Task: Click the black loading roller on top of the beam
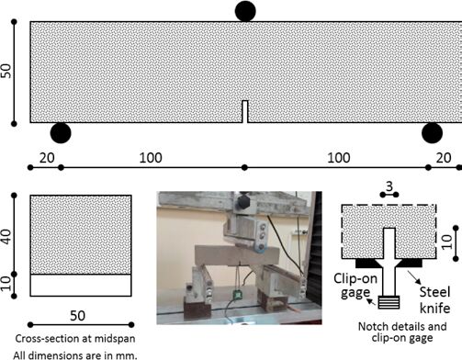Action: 245,11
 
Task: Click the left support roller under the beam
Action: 61,133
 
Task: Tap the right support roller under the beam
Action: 432,133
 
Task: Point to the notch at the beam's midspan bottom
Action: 245,112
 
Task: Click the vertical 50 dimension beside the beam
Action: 6,71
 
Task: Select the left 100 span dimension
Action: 151,158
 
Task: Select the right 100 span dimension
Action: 339,158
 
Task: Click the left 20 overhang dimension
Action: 47,158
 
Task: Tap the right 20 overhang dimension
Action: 444,158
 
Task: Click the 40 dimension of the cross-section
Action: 6,237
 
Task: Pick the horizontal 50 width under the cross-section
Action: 77,316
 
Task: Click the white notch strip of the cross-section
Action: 81,286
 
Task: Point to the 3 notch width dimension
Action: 389,186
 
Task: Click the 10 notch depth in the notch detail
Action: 447,242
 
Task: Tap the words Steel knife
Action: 434,300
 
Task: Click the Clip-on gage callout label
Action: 355,286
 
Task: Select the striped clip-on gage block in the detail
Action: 389,302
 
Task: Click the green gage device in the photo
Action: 237,295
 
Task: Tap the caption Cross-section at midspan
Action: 75,339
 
